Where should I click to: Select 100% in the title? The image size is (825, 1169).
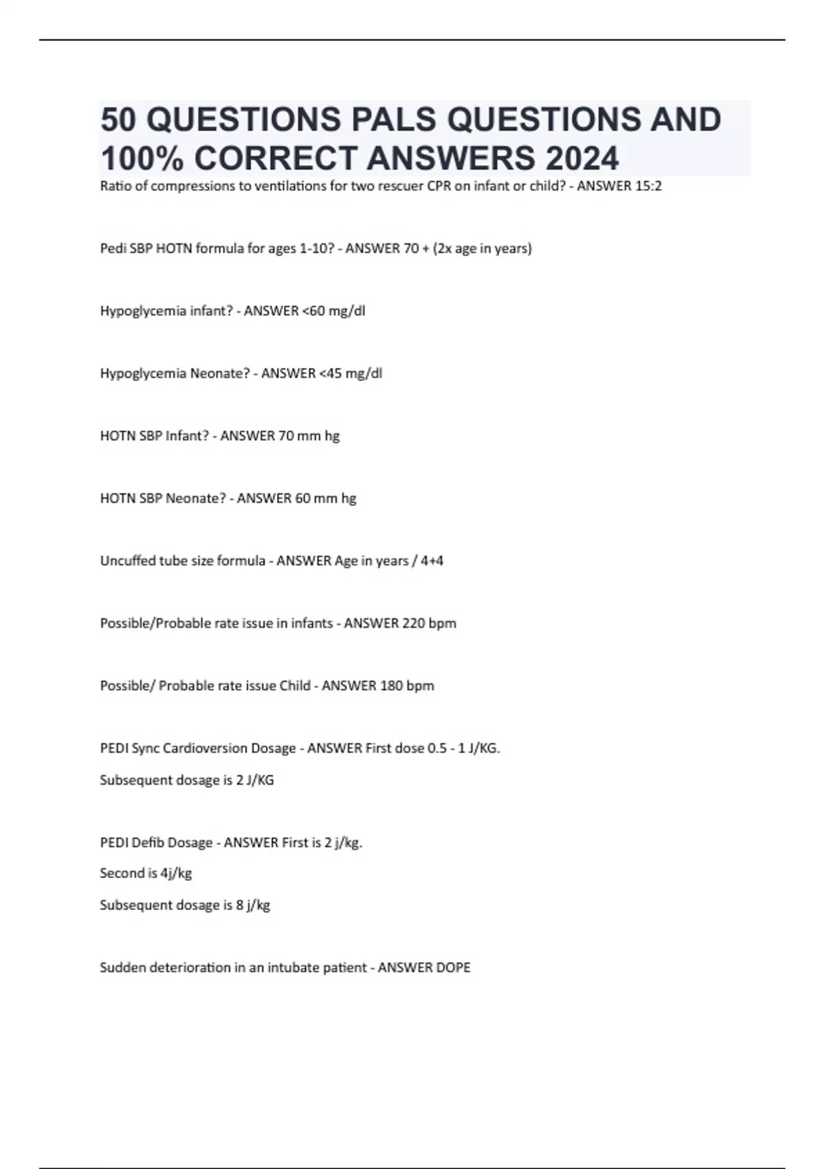142,158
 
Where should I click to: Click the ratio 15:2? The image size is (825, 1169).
649,186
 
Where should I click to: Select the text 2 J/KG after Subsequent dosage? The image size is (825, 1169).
255,780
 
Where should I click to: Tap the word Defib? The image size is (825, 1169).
148,843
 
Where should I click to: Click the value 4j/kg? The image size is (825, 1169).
176,873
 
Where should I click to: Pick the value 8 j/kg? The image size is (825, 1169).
253,906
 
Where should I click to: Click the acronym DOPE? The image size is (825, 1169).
453,968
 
